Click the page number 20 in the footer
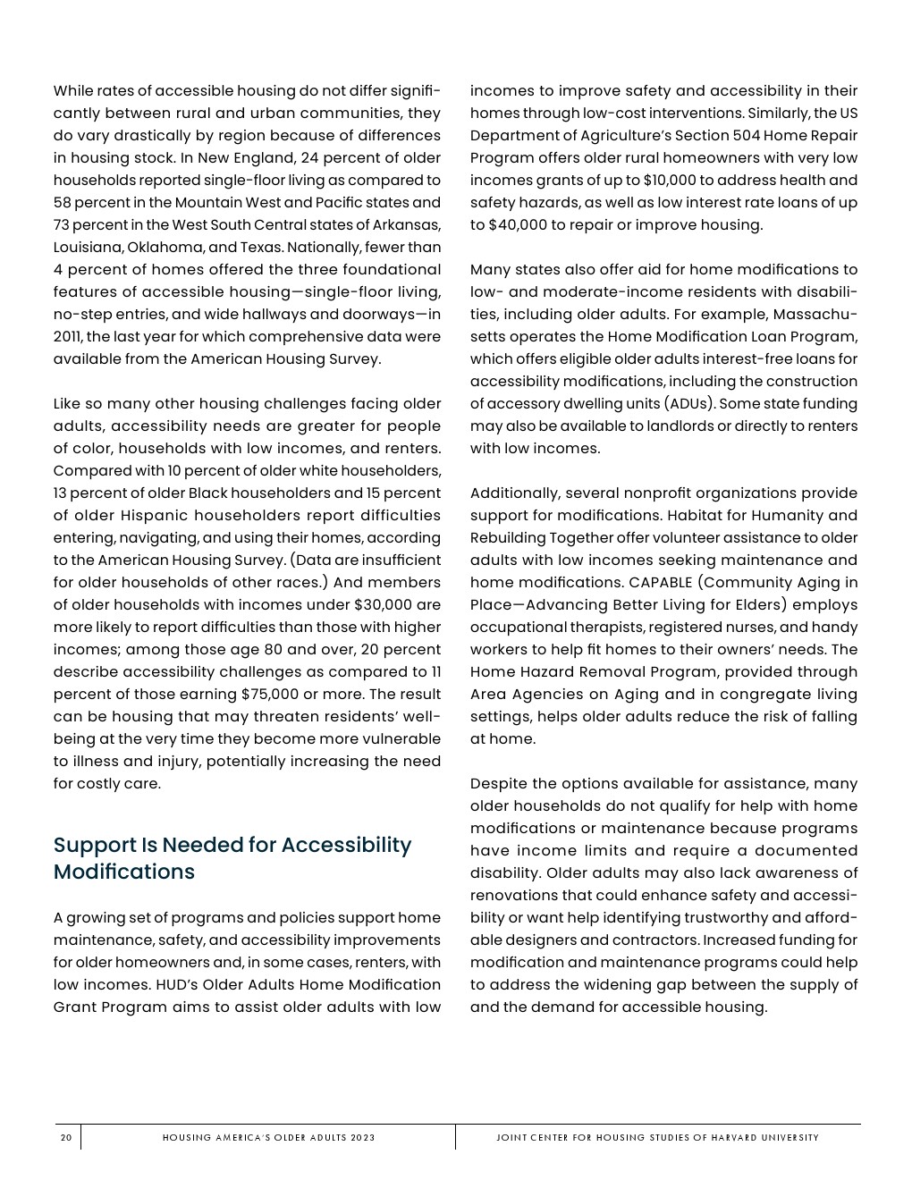click(66, 1138)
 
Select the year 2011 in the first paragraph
click(68, 337)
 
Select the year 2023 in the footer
click(363, 1138)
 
